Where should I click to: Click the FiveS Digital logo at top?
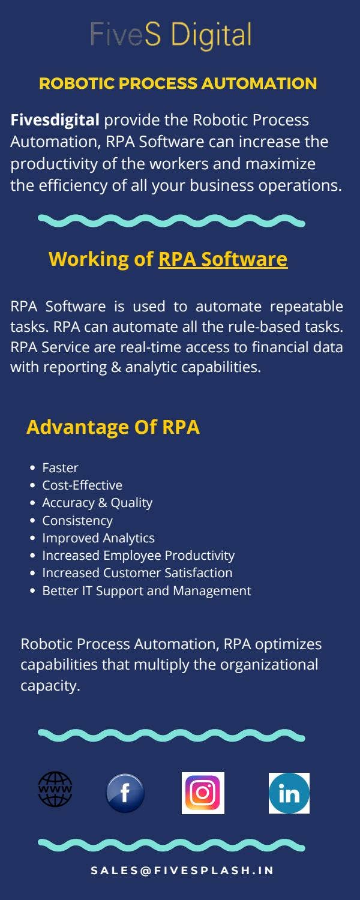(x=170, y=35)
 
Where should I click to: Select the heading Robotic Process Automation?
(x=178, y=83)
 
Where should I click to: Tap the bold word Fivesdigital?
(x=55, y=120)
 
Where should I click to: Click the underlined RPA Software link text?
(x=223, y=259)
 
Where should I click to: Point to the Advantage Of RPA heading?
(x=113, y=427)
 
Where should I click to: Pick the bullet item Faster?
(x=60, y=467)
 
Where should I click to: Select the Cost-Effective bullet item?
(x=82, y=485)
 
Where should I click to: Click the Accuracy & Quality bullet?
(x=97, y=503)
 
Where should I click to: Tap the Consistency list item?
(x=77, y=520)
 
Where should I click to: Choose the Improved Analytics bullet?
(x=98, y=538)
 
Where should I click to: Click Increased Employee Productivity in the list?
(x=138, y=556)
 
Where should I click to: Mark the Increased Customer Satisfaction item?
(x=137, y=573)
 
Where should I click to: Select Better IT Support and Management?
(x=146, y=591)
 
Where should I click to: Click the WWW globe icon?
(x=55, y=789)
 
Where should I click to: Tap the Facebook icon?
(x=125, y=793)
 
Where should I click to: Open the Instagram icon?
(x=203, y=793)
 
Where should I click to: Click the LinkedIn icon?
(x=289, y=793)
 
